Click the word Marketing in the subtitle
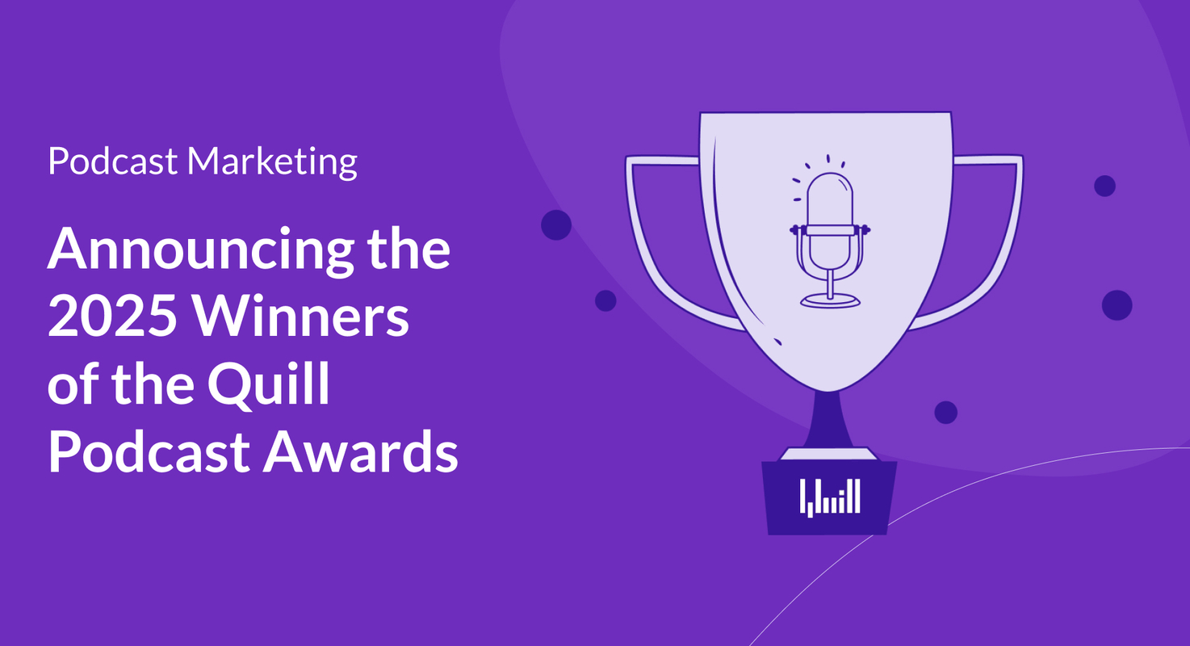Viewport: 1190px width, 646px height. click(272, 162)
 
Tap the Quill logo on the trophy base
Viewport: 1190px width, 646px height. click(830, 497)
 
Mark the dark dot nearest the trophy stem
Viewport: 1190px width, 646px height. click(945, 412)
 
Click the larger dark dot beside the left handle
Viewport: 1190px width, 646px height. click(555, 224)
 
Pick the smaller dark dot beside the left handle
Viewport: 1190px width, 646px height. click(605, 300)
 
